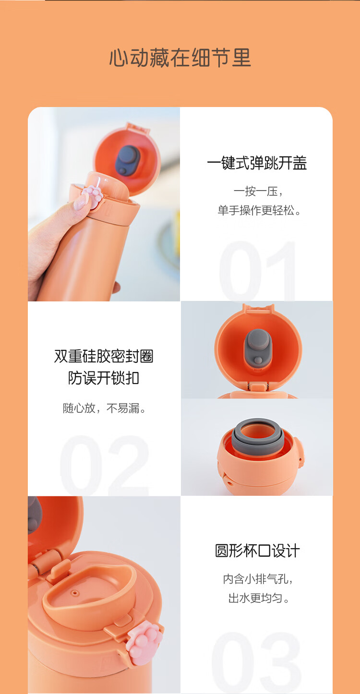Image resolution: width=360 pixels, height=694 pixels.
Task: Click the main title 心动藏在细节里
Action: pyautogui.click(x=180, y=58)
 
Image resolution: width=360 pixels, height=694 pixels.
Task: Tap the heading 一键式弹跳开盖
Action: pyautogui.click(x=257, y=163)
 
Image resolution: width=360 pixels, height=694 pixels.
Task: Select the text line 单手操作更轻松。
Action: pyautogui.click(x=259, y=211)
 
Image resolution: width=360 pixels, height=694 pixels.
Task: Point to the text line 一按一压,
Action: pyautogui.click(x=258, y=191)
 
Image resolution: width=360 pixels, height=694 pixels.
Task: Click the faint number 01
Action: pyautogui.click(x=257, y=270)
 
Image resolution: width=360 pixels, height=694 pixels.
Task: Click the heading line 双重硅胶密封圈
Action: pyautogui.click(x=104, y=356)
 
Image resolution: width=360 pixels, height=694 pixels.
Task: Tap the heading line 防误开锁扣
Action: pyautogui.click(x=104, y=378)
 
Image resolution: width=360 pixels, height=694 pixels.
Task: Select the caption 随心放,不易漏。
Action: pyautogui.click(x=104, y=408)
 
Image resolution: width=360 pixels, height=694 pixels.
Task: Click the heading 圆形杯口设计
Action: pyautogui.click(x=257, y=551)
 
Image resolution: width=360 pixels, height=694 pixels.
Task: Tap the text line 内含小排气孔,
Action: pyautogui.click(x=258, y=579)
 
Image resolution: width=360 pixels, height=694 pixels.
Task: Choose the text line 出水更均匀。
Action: pyautogui.click(x=259, y=598)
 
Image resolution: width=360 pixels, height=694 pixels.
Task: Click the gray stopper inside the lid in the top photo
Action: pyautogui.click(x=128, y=160)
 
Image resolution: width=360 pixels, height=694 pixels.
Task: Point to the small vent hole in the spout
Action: pyautogui.click(x=74, y=593)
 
